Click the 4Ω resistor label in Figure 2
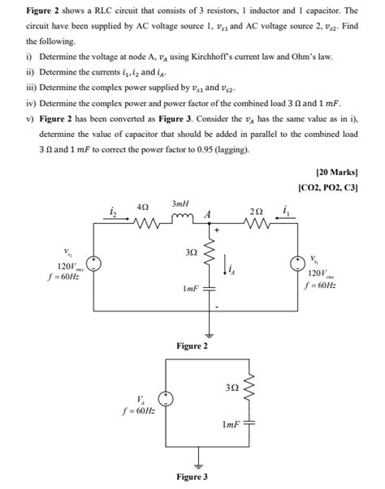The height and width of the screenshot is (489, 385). (x=141, y=208)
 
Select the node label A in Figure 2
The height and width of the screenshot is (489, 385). (x=209, y=213)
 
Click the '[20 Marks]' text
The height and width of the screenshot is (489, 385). (x=336, y=173)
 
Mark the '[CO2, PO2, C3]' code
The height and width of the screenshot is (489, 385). (x=329, y=188)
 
